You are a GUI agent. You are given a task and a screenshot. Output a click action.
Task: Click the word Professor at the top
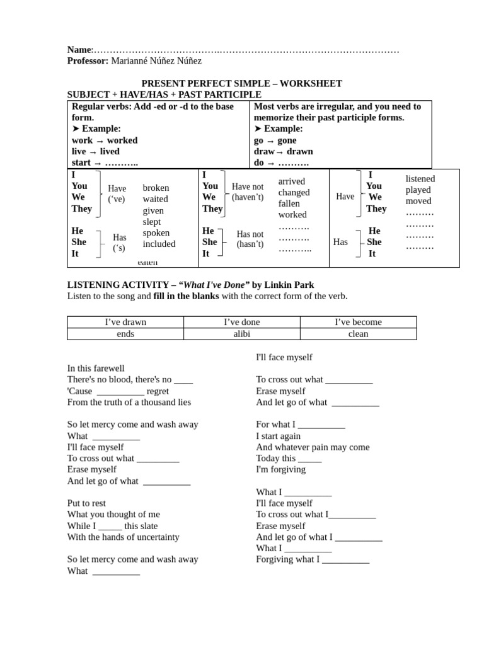pyautogui.click(x=88, y=61)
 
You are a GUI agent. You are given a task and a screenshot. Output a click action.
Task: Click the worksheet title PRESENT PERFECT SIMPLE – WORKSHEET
pyautogui.click(x=241, y=83)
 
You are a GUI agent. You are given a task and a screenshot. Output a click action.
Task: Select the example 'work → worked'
pyautogui.click(x=105, y=140)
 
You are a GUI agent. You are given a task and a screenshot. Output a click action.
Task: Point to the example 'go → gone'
pyautogui.click(x=275, y=140)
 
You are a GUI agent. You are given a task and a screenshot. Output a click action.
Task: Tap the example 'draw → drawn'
pyautogui.click(x=283, y=152)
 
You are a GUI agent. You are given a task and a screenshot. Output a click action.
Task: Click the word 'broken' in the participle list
pyautogui.click(x=156, y=188)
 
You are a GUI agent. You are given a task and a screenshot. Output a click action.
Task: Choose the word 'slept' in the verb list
pyautogui.click(x=151, y=222)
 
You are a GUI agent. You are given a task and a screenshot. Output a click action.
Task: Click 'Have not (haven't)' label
pyautogui.click(x=248, y=192)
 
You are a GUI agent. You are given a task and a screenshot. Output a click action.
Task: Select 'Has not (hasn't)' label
pyautogui.click(x=250, y=239)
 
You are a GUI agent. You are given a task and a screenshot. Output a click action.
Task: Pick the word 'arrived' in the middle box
pyautogui.click(x=292, y=181)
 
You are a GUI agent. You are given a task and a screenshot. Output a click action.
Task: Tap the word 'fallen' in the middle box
pyautogui.click(x=289, y=203)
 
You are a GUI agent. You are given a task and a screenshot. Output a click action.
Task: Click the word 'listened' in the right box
pyautogui.click(x=420, y=179)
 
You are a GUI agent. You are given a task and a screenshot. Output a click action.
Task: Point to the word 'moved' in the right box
pyautogui.click(x=418, y=201)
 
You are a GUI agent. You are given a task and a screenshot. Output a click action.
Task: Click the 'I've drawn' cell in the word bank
pyautogui.click(x=125, y=322)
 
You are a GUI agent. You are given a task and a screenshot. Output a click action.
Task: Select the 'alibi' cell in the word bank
pyautogui.click(x=242, y=334)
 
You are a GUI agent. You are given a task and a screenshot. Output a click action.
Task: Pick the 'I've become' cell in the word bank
pyautogui.click(x=358, y=322)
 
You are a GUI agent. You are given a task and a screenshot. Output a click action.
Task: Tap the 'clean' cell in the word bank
pyautogui.click(x=358, y=334)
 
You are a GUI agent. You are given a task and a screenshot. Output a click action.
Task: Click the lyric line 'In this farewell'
pyautogui.click(x=96, y=368)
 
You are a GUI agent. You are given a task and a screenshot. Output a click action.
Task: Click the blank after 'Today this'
pyautogui.click(x=309, y=459)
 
